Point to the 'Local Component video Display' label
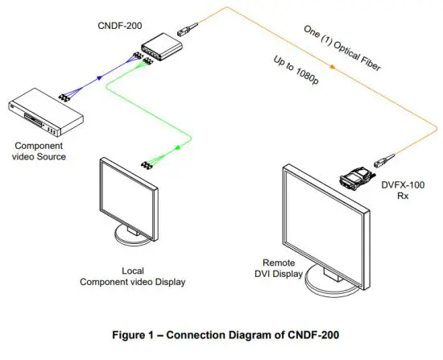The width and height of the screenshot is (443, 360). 132,276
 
